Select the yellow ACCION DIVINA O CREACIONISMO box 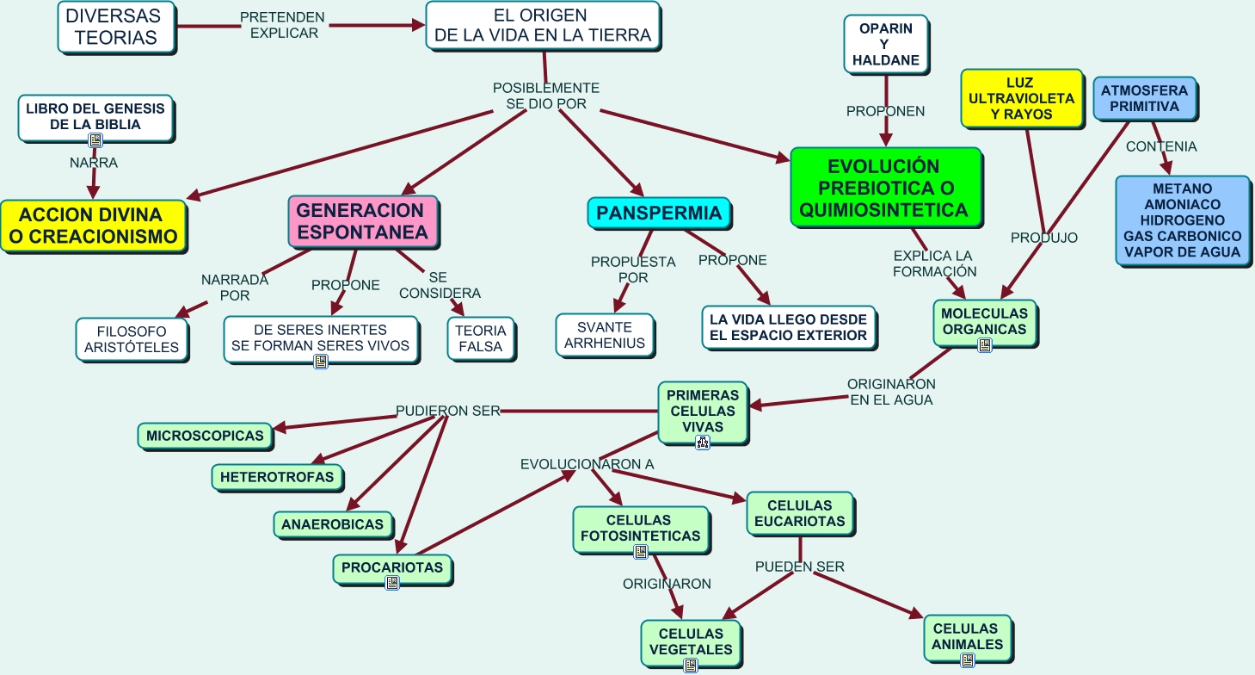point(93,226)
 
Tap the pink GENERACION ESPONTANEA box point(362,221)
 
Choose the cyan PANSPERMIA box point(659,213)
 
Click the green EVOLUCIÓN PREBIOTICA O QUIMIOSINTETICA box point(884,188)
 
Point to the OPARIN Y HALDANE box point(885,45)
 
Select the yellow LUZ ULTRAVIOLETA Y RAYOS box point(1021,99)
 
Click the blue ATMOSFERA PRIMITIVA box point(1143,99)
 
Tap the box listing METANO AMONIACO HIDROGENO point(1182,220)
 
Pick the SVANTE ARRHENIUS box point(604,336)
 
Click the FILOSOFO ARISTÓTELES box point(132,339)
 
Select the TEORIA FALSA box point(482,338)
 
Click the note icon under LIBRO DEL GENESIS point(96,139)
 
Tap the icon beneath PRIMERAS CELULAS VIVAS point(703,443)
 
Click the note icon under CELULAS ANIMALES point(967,660)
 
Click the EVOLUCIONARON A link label point(587,464)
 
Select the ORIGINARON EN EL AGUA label point(890,392)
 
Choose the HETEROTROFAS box point(277,476)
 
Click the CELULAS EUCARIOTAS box point(799,513)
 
